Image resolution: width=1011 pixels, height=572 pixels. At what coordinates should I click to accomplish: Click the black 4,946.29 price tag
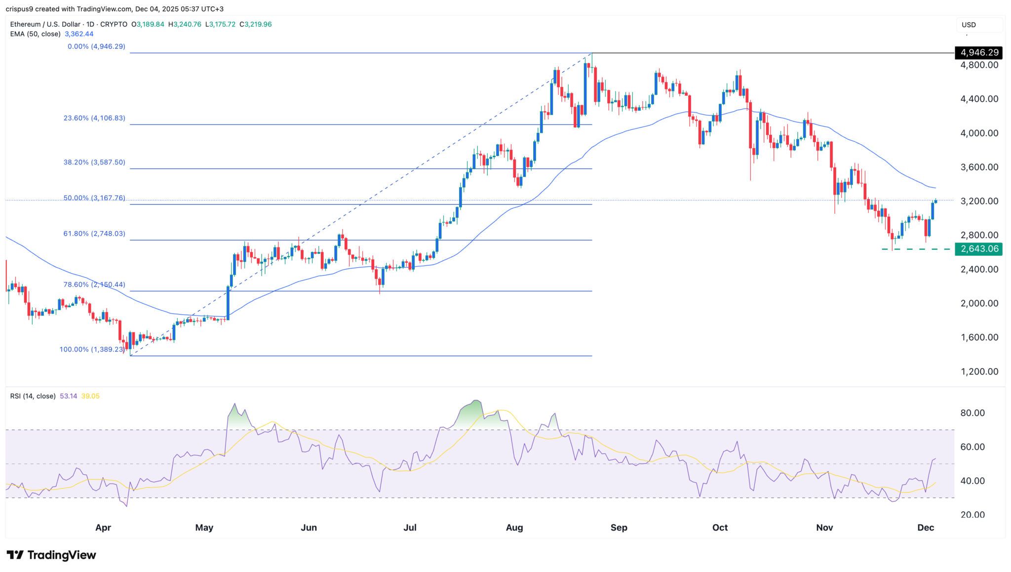pyautogui.click(x=979, y=52)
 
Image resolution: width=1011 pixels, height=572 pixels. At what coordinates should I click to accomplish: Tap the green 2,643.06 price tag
pyautogui.click(x=979, y=249)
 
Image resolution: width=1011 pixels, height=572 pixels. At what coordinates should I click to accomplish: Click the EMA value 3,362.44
pyautogui.click(x=79, y=34)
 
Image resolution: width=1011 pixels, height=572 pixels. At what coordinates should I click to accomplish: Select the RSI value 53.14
pyautogui.click(x=68, y=396)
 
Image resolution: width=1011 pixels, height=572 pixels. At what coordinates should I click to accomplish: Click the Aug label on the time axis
pyautogui.click(x=514, y=528)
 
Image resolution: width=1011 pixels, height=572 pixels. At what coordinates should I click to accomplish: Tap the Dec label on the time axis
pyautogui.click(x=925, y=528)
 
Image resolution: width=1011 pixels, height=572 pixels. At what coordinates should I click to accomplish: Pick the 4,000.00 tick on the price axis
pyautogui.click(x=979, y=133)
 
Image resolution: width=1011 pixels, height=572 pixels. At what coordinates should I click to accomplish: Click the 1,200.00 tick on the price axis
pyautogui.click(x=979, y=371)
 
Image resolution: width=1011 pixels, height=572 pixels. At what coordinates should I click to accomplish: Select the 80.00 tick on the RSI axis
pyautogui.click(x=972, y=413)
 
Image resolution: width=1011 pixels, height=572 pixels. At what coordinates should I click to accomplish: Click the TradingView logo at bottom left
pyautogui.click(x=51, y=555)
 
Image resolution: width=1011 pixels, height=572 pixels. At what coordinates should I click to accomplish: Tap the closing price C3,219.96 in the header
pyautogui.click(x=255, y=24)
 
